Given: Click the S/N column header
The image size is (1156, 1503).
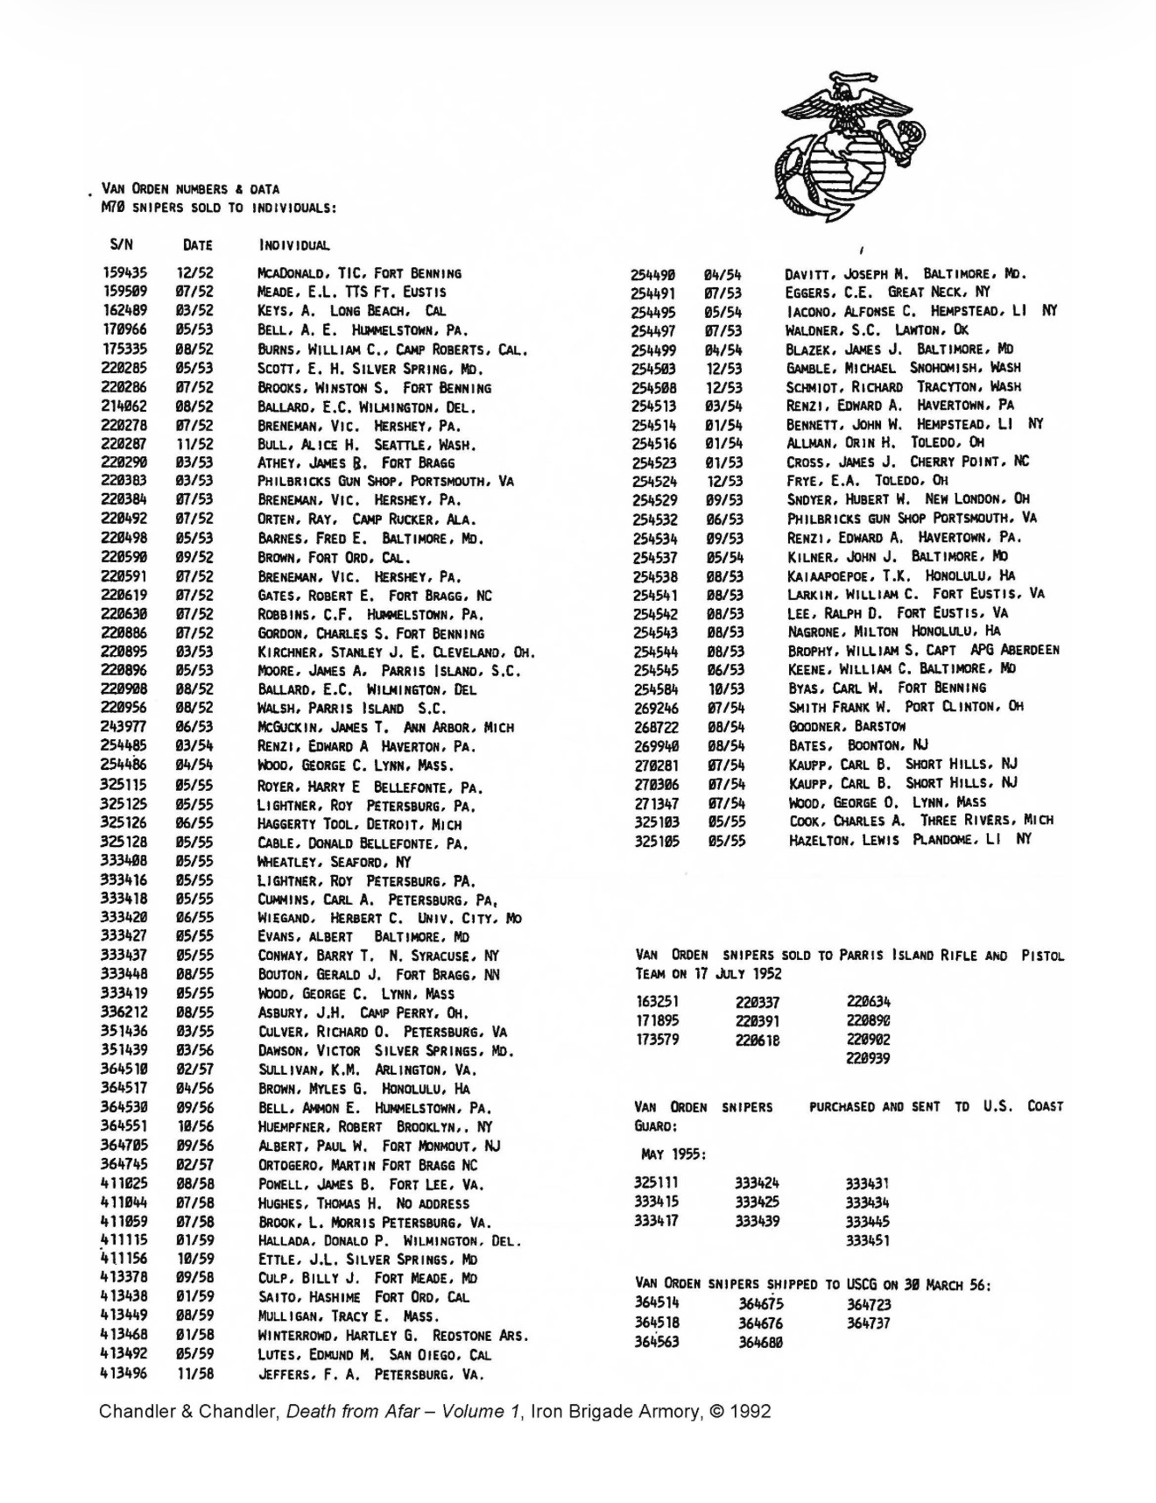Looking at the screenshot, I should click(122, 244).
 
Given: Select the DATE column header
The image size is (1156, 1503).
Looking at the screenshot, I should click(197, 245).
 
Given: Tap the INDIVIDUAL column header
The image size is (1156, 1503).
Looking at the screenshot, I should click(294, 245).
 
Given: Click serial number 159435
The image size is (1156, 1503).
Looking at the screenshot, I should click(124, 273).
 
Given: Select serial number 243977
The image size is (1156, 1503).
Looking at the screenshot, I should click(124, 727).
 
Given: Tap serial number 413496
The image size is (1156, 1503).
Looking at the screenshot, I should click(124, 1373).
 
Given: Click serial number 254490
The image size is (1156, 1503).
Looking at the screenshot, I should click(652, 274).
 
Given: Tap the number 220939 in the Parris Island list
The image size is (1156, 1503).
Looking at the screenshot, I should click(868, 1058).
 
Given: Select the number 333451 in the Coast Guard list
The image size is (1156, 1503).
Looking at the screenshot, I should click(867, 1240).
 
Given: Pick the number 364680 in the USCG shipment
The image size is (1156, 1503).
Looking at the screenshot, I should click(760, 1342).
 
